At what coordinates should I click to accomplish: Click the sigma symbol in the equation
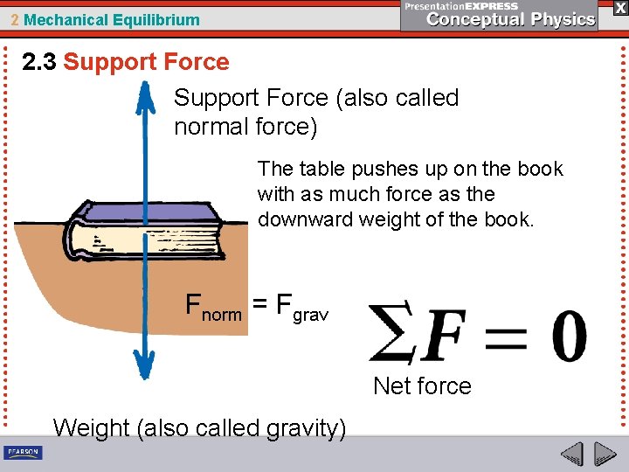(391, 333)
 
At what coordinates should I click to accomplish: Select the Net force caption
(422, 385)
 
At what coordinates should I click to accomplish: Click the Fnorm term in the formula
(213, 307)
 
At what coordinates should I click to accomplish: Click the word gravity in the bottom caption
(300, 428)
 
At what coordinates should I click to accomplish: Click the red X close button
(619, 8)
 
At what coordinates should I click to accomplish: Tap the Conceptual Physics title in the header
(511, 19)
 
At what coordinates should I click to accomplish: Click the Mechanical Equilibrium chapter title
(111, 20)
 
